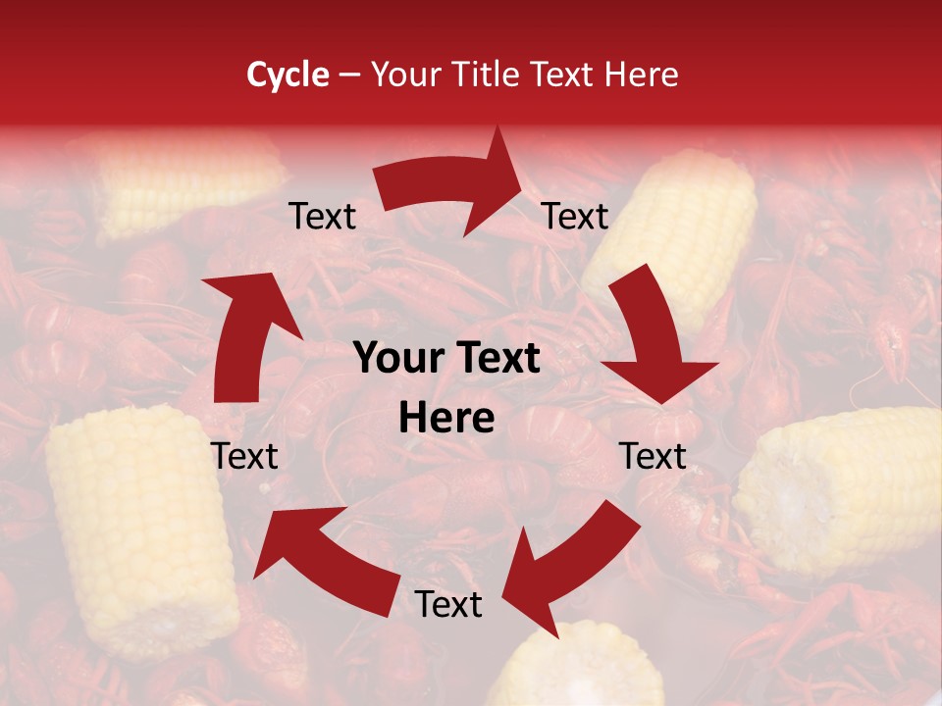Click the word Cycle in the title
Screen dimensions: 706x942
tap(288, 75)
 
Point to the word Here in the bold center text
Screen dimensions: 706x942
tap(446, 419)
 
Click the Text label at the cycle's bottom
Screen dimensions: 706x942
tap(448, 605)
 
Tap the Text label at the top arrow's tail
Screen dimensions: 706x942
tap(323, 217)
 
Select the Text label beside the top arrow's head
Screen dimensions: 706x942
tap(575, 217)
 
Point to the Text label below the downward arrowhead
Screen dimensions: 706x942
tap(653, 456)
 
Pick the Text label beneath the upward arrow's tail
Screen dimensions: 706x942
tap(244, 456)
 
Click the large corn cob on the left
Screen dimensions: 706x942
tap(137, 529)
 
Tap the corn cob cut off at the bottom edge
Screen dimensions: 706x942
tap(579, 672)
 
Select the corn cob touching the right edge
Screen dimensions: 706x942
tap(844, 490)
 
